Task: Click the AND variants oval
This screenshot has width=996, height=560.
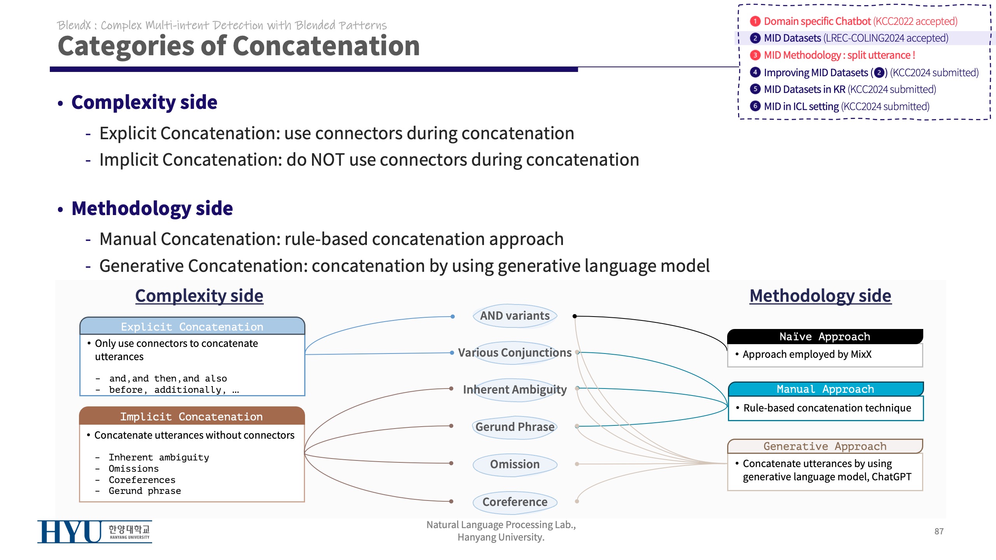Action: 515,316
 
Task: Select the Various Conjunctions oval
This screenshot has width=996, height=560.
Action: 515,353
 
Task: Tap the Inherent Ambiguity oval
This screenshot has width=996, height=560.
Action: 515,390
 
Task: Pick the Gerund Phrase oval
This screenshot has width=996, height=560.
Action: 515,427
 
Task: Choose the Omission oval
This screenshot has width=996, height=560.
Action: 515,464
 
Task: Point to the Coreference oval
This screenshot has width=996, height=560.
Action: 515,502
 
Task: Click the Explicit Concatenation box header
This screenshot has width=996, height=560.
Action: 192,327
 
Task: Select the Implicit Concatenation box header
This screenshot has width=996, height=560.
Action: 191,416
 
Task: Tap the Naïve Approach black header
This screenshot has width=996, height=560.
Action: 825,337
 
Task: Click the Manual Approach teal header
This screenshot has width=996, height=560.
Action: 825,389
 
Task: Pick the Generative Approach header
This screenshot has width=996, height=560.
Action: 825,446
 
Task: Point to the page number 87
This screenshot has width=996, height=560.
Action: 939,531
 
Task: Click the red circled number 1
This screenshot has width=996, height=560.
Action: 755,21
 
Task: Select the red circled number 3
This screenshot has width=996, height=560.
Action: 755,55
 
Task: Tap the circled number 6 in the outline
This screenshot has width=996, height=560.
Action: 755,106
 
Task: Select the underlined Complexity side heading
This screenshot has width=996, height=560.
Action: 199,296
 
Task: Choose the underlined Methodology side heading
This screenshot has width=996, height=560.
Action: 820,296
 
